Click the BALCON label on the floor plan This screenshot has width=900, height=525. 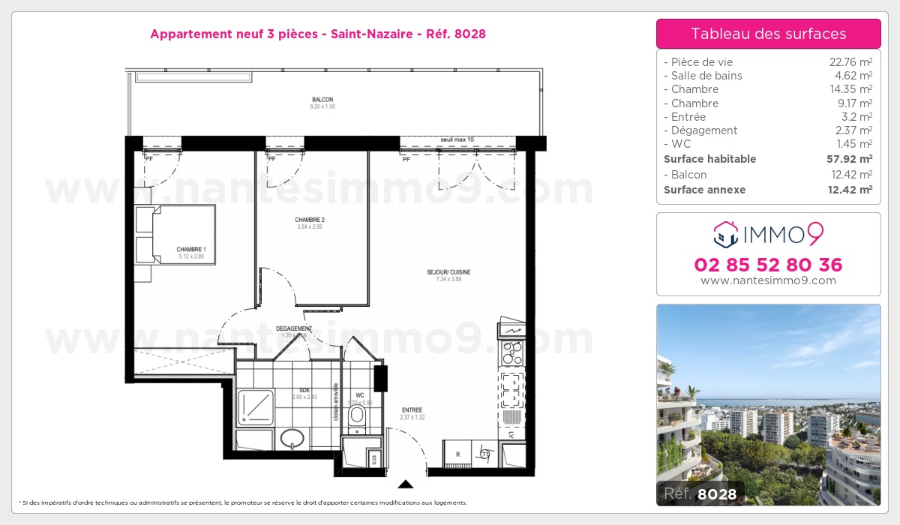pyautogui.click(x=322, y=100)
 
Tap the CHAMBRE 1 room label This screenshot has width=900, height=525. pyautogui.click(x=191, y=250)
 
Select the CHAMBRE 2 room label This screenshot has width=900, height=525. pyautogui.click(x=310, y=220)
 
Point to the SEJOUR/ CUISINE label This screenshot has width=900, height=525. pyautogui.click(x=449, y=272)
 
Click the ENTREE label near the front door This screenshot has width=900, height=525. pyautogui.click(x=412, y=409)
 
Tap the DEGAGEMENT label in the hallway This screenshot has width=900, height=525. pyautogui.click(x=293, y=328)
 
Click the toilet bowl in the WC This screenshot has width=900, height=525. pyautogui.click(x=357, y=415)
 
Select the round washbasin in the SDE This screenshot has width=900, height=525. pyautogui.click(x=291, y=437)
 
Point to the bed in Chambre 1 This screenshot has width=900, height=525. pyautogui.click(x=176, y=235)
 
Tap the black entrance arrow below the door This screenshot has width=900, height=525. pyautogui.click(x=406, y=484)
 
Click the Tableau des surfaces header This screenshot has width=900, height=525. pyautogui.click(x=768, y=34)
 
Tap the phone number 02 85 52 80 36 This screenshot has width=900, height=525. pyautogui.click(x=768, y=265)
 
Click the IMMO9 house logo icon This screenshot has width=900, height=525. pyautogui.click(x=725, y=235)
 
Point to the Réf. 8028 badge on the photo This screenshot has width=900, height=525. pyautogui.click(x=700, y=493)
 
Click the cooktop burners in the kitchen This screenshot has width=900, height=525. pyautogui.click(x=512, y=349)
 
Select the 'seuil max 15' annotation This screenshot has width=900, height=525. pyautogui.click(x=457, y=139)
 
